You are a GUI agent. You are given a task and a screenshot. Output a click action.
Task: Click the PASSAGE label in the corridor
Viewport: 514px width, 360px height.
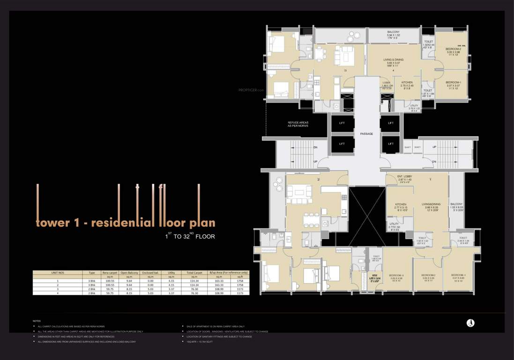pyautogui.click(x=366, y=134)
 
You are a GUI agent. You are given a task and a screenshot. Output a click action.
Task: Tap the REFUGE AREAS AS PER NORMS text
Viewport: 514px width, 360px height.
pyautogui.click(x=298, y=124)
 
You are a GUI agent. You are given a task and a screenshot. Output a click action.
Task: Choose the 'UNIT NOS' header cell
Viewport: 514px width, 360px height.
pyautogui.click(x=58, y=272)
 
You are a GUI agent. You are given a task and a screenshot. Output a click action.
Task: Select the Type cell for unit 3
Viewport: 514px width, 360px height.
pyautogui.click(x=92, y=289)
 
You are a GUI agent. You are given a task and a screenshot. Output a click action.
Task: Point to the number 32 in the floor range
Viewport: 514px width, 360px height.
pyautogui.click(x=186, y=237)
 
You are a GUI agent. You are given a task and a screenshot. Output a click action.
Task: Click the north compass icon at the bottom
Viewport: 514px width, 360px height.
pyautogui.click(x=470, y=323)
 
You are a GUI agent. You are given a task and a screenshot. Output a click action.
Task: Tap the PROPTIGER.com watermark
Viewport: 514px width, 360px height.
pyautogui.click(x=252, y=90)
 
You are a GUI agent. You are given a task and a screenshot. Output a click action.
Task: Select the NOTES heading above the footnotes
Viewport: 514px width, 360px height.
pyautogui.click(x=37, y=321)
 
